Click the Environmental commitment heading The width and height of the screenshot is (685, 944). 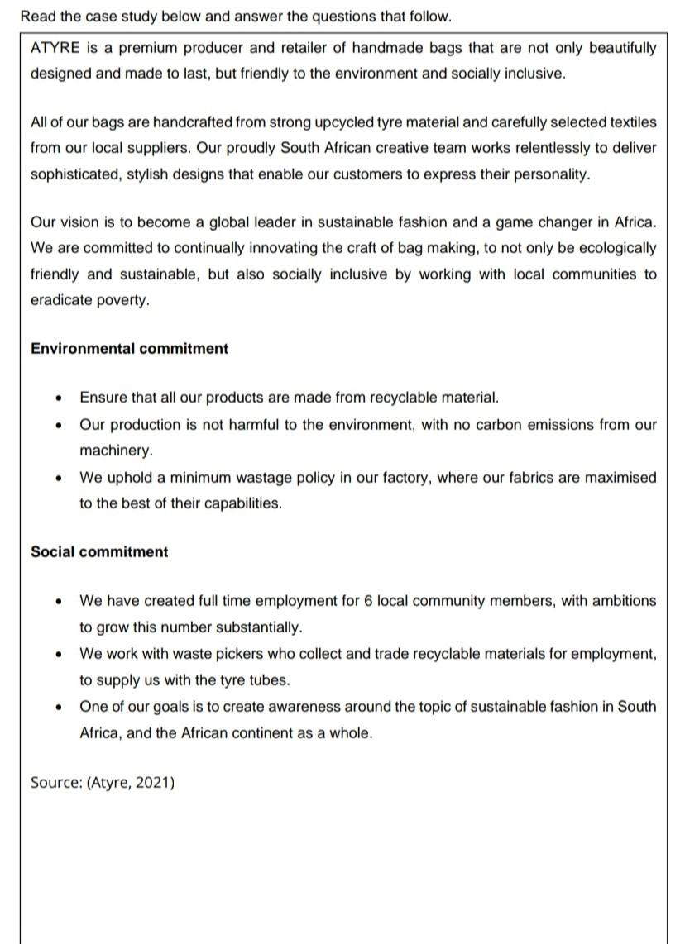tap(129, 349)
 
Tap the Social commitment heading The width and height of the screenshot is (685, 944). tap(98, 552)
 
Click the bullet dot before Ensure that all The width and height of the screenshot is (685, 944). tap(58, 398)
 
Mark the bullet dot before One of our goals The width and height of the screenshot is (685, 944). tap(58, 708)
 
